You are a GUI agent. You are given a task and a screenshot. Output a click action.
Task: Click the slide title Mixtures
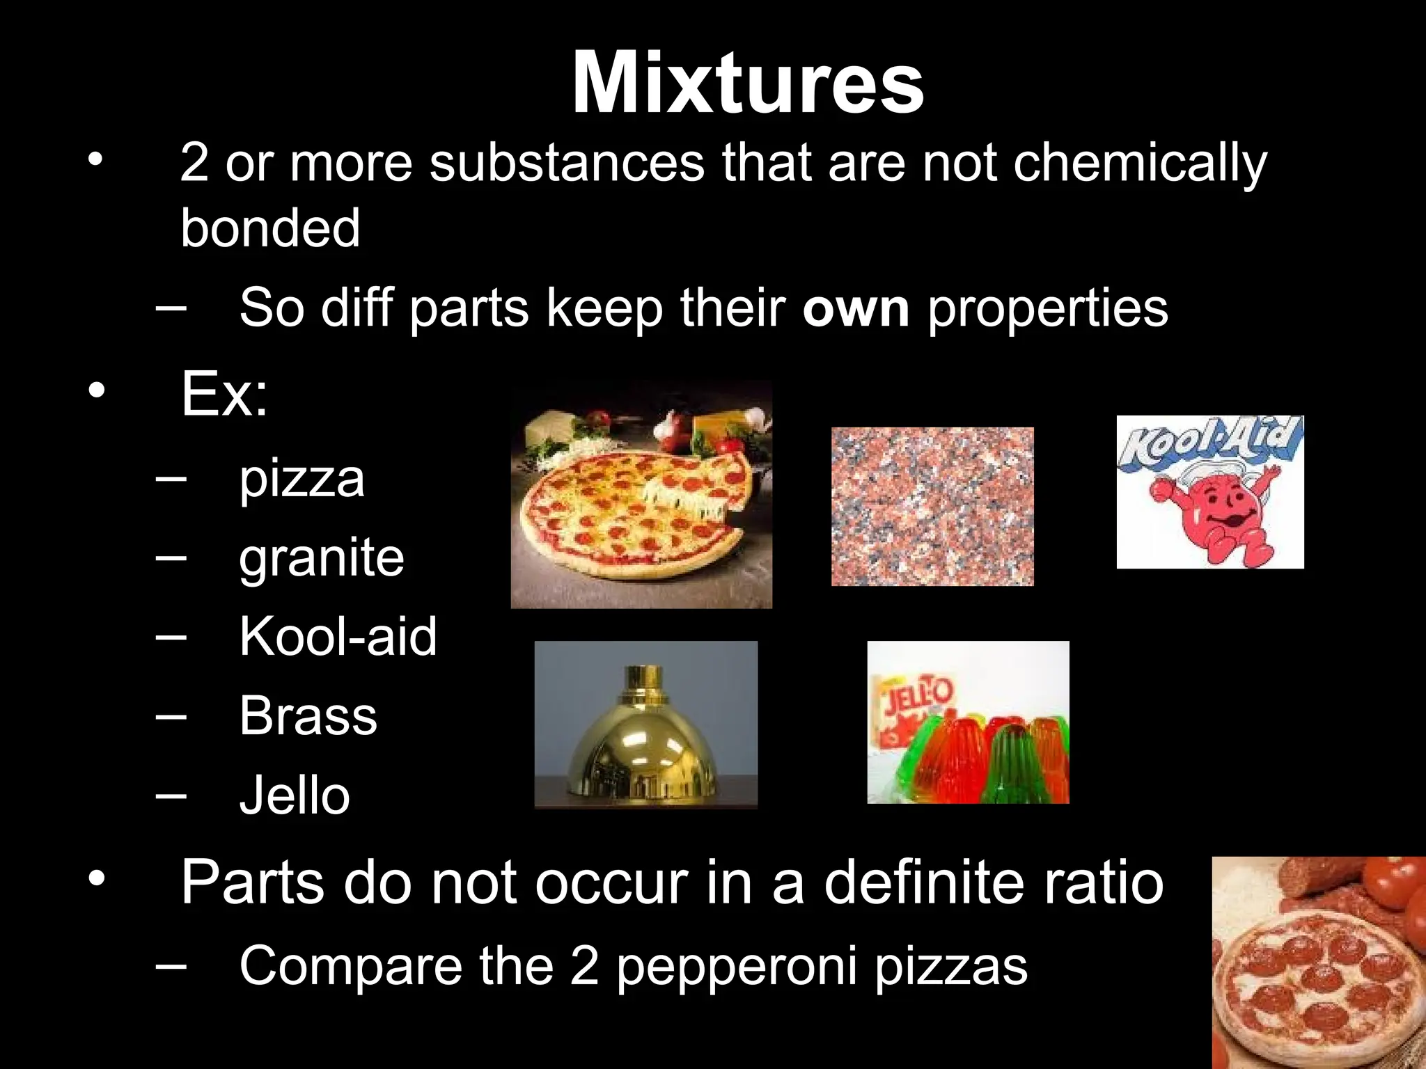pyautogui.click(x=747, y=84)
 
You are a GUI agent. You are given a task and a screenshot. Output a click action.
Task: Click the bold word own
pyautogui.click(x=855, y=308)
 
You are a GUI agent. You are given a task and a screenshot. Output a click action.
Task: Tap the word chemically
pyautogui.click(x=1140, y=163)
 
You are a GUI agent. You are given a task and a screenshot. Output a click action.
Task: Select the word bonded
pyautogui.click(x=270, y=228)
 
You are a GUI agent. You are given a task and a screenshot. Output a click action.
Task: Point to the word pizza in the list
pyautogui.click(x=301, y=479)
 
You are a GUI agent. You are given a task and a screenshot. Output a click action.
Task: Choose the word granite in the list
pyautogui.click(x=321, y=558)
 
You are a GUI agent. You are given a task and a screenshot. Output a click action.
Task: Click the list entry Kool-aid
pyautogui.click(x=338, y=637)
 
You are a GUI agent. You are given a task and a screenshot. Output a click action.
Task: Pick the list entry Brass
pyautogui.click(x=308, y=716)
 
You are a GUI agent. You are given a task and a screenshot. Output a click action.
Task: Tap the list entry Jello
pyautogui.click(x=295, y=795)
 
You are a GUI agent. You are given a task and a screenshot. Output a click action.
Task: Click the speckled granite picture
pyautogui.click(x=932, y=507)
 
